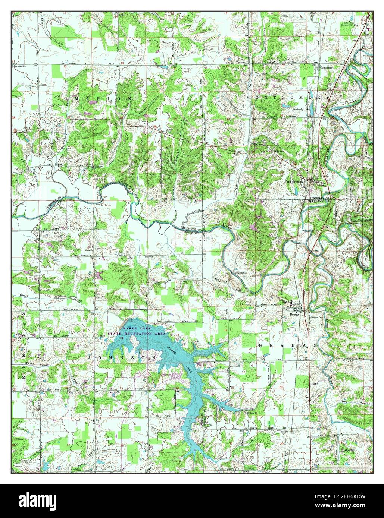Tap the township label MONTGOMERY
(x=288, y=97)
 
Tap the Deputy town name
(x=295, y=314)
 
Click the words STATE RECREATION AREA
(x=136, y=334)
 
